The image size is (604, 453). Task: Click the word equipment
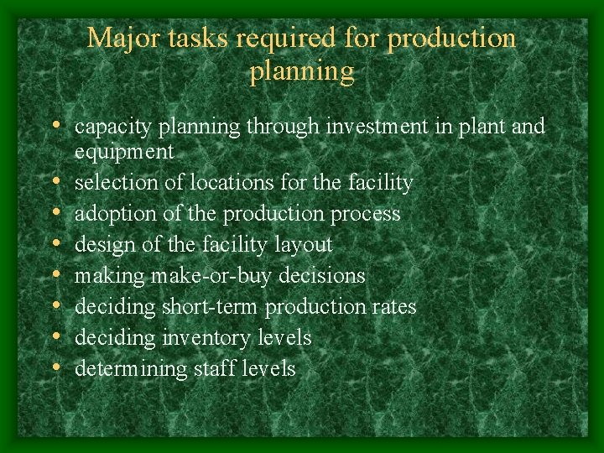124,153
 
